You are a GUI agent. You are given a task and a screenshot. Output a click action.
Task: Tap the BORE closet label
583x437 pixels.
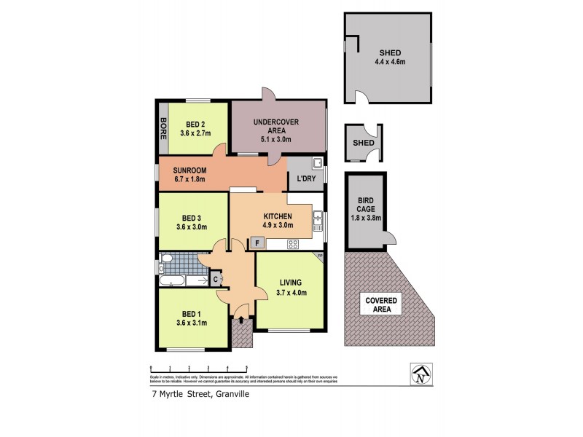164,127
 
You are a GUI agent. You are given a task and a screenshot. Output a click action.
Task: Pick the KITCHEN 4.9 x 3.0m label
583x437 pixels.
278,221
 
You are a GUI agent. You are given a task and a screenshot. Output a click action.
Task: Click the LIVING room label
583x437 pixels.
290,288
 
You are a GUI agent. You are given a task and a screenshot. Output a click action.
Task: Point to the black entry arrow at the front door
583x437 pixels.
241,318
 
